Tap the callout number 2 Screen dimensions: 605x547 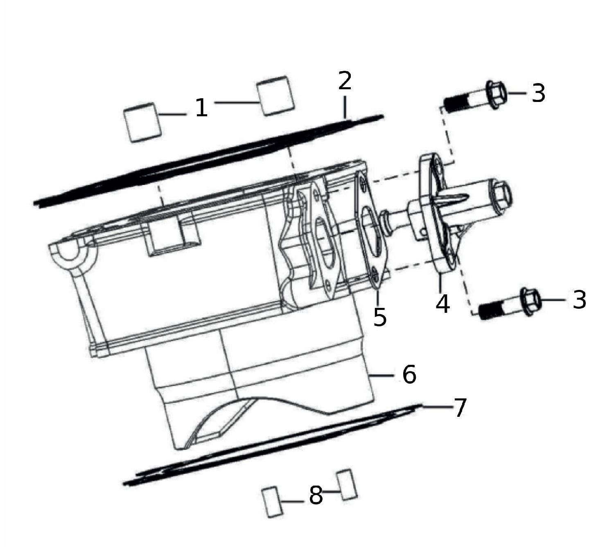[x=345, y=81]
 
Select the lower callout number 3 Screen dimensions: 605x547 [x=579, y=300]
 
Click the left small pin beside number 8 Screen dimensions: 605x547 [x=272, y=502]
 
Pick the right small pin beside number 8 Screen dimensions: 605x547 [x=347, y=485]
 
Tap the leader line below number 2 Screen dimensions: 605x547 [x=345, y=107]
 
